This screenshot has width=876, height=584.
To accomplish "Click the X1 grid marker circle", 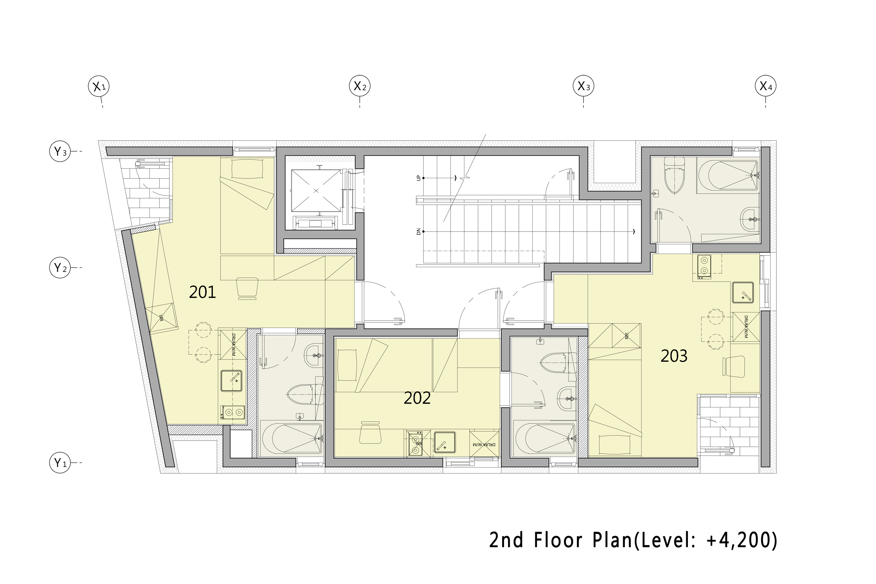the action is pos(99,86).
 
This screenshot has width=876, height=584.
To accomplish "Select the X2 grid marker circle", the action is pos(359,86).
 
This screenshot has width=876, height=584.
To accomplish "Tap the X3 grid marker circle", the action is pos(583,86).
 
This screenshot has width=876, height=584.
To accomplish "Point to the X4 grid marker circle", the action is pos(765,86).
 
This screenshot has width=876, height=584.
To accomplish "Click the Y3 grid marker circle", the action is pos(60,152).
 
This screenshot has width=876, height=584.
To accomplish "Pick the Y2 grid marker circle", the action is pos(60,267).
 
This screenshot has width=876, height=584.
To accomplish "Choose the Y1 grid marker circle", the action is pos(60,463).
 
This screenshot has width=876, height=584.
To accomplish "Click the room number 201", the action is pos(202,292).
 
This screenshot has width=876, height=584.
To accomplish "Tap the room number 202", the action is pos(417,399).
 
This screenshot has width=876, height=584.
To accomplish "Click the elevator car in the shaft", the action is pos(316,191).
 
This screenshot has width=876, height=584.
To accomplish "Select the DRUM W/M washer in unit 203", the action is pos(746,327).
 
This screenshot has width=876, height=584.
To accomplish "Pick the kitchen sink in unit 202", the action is pos(444,442).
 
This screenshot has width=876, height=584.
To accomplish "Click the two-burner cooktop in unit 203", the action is pos(703,267).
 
